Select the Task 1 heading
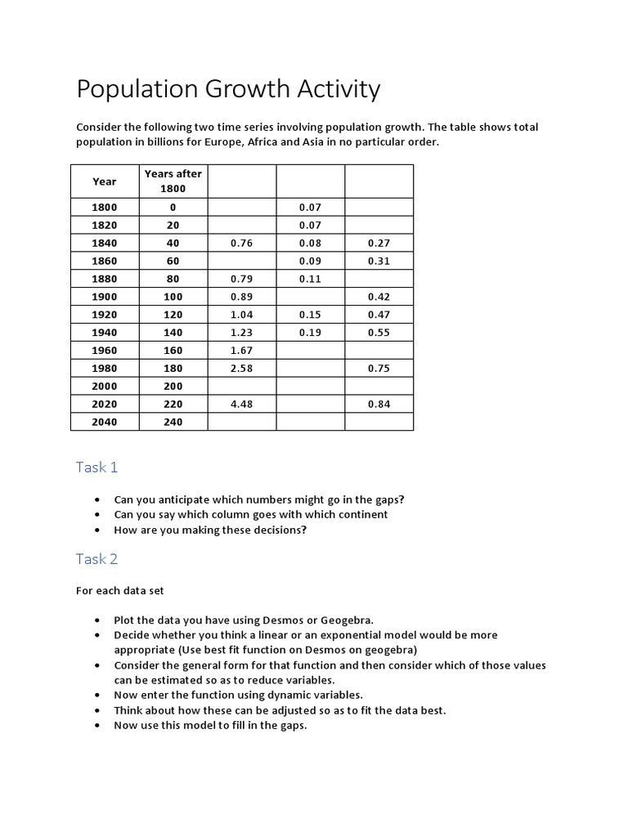tap(97, 467)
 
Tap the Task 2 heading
tap(97, 559)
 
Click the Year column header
tap(105, 181)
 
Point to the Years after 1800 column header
tap(173, 181)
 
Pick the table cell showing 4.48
tap(242, 404)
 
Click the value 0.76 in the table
tap(242, 243)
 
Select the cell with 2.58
tap(242, 368)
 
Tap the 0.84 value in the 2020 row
tap(379, 404)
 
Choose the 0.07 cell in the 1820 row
tap(310, 225)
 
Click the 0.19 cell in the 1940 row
tap(310, 333)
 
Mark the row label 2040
tap(105, 422)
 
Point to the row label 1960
tap(105, 350)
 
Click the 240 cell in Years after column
tap(173, 422)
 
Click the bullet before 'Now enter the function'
tap(98, 696)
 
